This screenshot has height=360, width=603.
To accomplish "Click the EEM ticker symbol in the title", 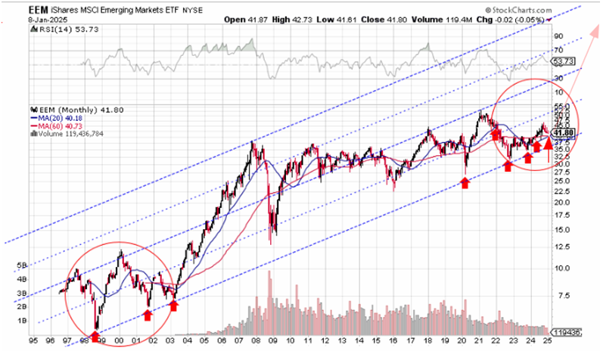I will [x=39, y=6].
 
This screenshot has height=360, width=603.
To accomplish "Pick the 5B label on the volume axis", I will [x=21, y=265].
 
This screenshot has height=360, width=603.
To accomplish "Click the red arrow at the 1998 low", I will [x=95, y=335].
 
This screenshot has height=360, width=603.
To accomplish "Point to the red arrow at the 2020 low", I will [x=466, y=182].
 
